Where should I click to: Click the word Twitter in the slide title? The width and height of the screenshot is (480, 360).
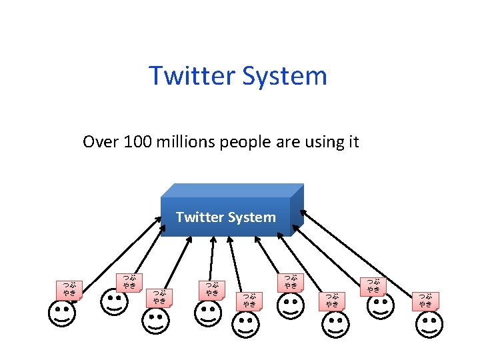tap(190, 76)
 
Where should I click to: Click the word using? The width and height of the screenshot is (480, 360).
tap(317, 142)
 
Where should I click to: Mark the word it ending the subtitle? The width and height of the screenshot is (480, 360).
tap(354, 142)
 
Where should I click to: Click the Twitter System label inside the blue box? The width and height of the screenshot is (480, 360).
tap(225, 217)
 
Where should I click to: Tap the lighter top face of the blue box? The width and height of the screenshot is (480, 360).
tap(233, 191)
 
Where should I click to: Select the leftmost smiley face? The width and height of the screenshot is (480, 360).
tap(62, 313)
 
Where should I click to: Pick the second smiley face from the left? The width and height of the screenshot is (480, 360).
tap(114, 301)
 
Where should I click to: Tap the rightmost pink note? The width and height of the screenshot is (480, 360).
tap(425, 301)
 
